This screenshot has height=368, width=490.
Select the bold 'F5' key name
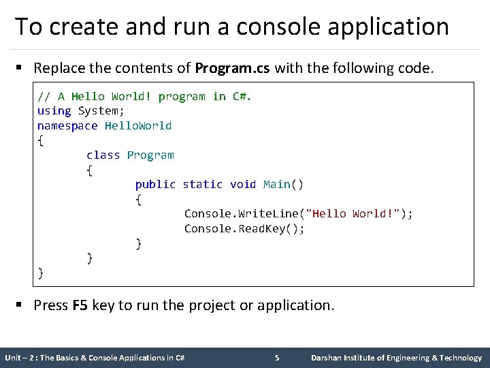80,305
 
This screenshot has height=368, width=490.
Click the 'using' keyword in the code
54,110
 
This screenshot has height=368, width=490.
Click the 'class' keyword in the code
103,155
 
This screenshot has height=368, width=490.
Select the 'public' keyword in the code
155,184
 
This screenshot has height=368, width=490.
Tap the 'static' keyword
202,184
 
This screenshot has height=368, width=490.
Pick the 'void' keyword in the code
243,184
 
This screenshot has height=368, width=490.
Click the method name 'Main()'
283,184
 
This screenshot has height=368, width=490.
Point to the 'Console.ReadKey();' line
244,228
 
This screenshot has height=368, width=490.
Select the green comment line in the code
144,96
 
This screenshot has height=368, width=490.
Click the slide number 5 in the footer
277,358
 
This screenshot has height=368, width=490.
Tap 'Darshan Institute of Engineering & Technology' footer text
396,358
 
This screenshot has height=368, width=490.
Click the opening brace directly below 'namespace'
41,140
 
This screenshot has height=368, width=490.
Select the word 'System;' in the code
101,110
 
